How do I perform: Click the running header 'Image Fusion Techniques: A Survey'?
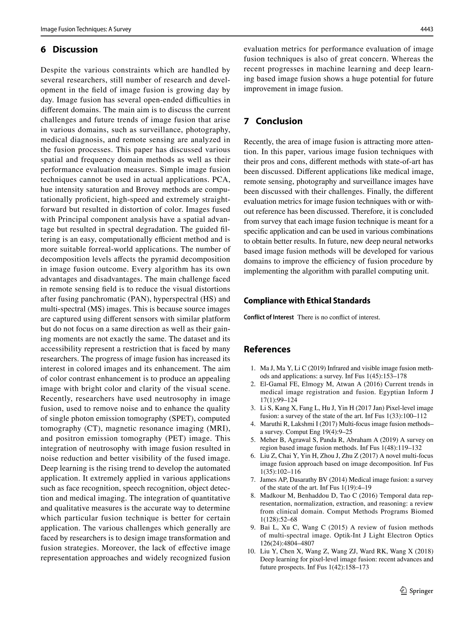tap(86, 29)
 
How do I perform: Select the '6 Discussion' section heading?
tap(69, 50)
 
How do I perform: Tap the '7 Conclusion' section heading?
tap(273, 121)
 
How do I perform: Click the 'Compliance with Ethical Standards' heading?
tap(307, 301)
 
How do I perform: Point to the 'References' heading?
tap(267, 349)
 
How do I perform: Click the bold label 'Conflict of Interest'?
tap(268, 317)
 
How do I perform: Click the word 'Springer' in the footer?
tap(421, 591)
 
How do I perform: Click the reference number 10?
tap(251, 551)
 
